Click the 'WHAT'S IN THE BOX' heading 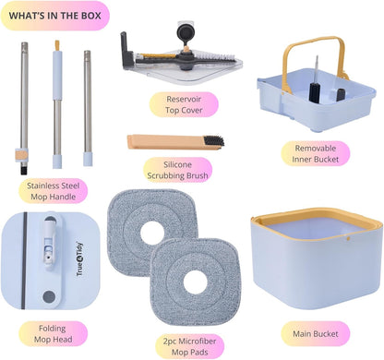(54, 16)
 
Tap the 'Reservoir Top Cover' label (184, 104)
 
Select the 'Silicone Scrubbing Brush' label (177, 170)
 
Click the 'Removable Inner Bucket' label (316, 153)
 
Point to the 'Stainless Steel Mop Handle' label (53, 191)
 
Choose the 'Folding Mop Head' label (53, 334)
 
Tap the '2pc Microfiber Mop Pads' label (189, 346)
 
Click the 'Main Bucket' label (316, 334)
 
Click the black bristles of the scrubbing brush (213, 141)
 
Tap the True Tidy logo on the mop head (79, 259)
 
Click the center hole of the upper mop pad (152, 233)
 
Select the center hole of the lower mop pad (196, 282)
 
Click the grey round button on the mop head (49, 297)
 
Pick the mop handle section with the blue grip (57, 104)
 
